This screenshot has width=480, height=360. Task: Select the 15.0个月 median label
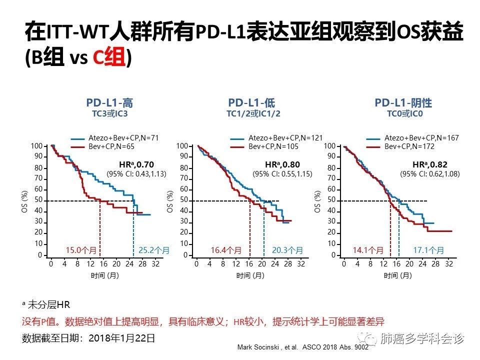coord(81,249)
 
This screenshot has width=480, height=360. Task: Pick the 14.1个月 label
coord(369,249)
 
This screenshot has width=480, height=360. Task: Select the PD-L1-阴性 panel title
coord(403,103)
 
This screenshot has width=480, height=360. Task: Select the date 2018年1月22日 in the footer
coord(122,338)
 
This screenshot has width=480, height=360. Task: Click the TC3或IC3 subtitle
coord(110,114)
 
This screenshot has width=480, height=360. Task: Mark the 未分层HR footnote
coord(47,304)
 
